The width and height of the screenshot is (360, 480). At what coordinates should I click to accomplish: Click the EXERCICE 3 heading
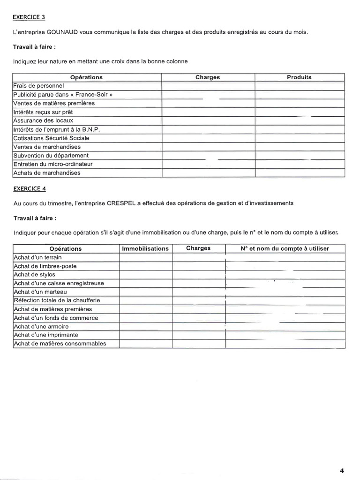pos(30,17)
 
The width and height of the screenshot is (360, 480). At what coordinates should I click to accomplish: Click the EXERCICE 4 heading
pos(30,189)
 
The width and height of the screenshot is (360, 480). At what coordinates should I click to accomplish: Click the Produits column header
pos(299,77)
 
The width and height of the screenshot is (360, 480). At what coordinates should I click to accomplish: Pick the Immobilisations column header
pos(145,248)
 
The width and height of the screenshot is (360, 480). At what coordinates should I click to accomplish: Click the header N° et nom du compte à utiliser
pos(285,248)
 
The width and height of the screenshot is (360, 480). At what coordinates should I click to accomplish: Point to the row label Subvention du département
pos(51,155)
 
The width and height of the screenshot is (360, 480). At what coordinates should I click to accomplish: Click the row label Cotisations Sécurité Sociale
pos(51,138)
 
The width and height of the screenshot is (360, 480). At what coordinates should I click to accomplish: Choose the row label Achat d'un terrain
pos(37,257)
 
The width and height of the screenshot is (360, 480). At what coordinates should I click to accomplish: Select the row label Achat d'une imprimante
pos(46,335)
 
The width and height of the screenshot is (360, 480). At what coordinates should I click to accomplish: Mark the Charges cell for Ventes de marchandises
pos(208,147)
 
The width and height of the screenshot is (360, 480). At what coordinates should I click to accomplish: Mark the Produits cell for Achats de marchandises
pos(300,172)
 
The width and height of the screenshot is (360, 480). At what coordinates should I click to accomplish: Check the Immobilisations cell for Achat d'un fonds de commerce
pos(146,318)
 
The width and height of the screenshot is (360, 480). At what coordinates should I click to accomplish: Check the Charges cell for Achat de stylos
pos(199,275)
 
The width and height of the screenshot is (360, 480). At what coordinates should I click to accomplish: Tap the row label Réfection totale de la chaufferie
pos(57,300)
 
